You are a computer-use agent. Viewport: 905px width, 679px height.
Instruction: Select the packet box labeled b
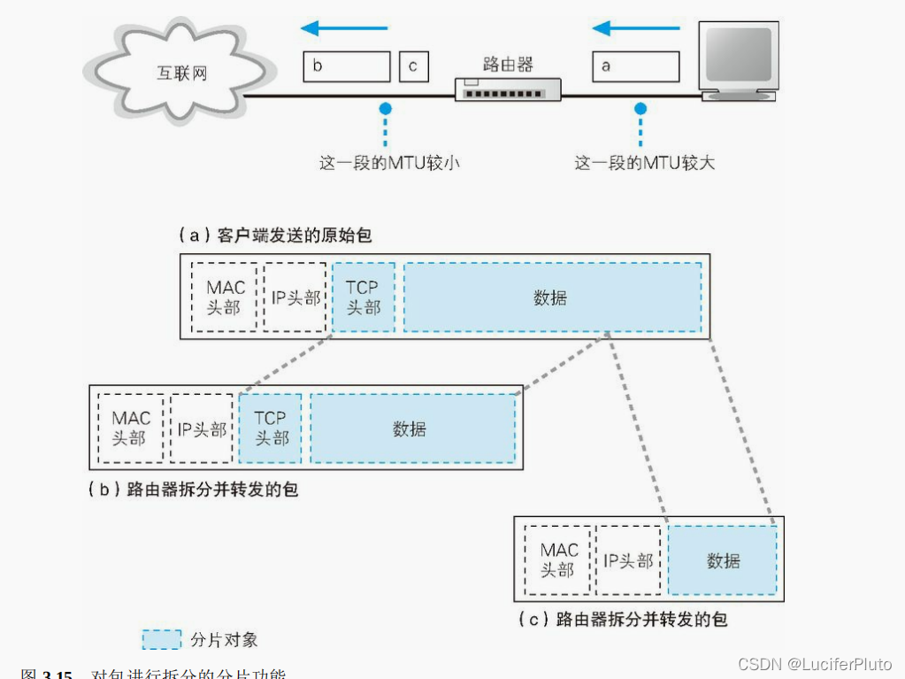[346, 66]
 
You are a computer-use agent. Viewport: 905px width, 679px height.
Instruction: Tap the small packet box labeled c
[414, 66]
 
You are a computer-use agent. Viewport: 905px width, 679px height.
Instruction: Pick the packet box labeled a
[634, 66]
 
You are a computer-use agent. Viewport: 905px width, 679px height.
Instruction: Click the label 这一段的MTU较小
[389, 163]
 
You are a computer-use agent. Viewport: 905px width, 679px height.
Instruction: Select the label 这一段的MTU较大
[645, 163]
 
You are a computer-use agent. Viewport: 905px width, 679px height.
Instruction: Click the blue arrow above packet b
[345, 28]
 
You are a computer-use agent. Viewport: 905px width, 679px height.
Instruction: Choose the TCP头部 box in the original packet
[364, 297]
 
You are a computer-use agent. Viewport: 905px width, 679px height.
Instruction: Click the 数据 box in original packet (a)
[552, 297]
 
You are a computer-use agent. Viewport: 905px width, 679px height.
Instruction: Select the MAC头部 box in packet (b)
[131, 428]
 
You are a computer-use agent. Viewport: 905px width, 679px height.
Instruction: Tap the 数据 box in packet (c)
[723, 560]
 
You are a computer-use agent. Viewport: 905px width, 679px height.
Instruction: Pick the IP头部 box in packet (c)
[628, 560]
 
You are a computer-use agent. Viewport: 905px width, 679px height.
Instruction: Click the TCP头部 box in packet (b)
[270, 428]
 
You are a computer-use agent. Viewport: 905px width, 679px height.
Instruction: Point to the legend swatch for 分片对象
[162, 639]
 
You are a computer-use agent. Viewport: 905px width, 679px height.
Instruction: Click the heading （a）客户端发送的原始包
[275, 235]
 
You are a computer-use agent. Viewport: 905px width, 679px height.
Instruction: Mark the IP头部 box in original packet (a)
[295, 297]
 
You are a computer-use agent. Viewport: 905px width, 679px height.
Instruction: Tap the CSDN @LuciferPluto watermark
[816, 663]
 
